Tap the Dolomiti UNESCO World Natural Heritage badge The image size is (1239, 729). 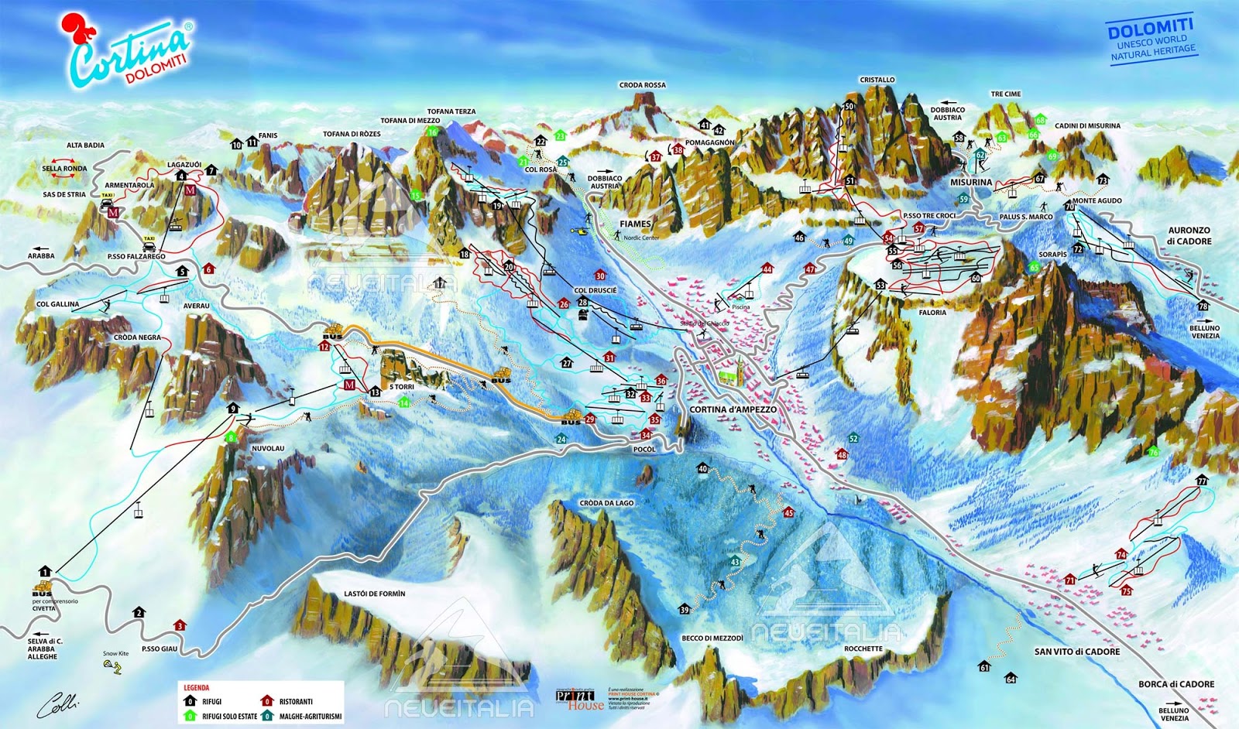1151,41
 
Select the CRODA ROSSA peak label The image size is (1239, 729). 642,85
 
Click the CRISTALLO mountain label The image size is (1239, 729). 877,80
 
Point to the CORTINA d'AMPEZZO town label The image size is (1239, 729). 733,409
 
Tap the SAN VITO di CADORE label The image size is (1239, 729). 1076,652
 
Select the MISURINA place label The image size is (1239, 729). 970,183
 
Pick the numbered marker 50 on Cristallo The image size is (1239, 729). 849,107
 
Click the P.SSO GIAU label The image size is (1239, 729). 160,649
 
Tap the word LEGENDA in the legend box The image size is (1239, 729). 196,687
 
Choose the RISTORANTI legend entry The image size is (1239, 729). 295,702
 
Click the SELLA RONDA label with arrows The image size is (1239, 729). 64,168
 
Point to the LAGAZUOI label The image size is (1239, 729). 184,165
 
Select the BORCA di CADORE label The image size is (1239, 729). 1176,684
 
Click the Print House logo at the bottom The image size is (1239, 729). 579,699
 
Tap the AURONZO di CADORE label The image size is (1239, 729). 1189,235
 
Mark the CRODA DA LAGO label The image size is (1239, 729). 606,503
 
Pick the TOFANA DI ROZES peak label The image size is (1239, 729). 352,134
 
